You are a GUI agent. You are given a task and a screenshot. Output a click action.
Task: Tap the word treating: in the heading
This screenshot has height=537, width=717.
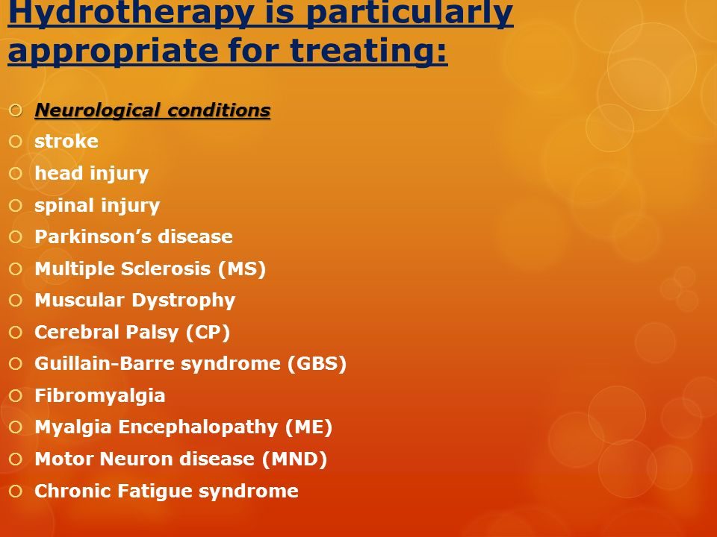pos(368,49)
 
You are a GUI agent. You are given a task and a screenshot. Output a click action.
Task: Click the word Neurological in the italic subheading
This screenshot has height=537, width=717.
pos(97,110)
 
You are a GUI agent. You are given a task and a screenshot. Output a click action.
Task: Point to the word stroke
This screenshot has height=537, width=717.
pos(66,141)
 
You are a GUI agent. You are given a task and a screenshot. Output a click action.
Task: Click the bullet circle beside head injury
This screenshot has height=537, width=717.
pos(16,174)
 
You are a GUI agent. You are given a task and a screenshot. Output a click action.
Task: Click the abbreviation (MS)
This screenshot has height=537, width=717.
pos(242,269)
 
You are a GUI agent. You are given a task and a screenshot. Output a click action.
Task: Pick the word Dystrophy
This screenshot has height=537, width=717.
pos(184,301)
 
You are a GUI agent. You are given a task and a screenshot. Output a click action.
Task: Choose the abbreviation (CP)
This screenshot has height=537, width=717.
pos(208,333)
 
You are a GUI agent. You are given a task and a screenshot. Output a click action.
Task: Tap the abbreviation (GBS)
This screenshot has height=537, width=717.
pos(317,364)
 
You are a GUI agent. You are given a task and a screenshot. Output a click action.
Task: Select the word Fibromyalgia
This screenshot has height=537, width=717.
pos(99,396)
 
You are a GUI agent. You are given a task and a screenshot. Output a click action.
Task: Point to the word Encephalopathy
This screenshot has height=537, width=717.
pos(198,428)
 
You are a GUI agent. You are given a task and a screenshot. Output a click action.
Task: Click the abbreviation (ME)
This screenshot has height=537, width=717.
pos(308,427)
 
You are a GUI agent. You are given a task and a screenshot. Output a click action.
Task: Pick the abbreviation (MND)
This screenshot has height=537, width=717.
pos(294,459)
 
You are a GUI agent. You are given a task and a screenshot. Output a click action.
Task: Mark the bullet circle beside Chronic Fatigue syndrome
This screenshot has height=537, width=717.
pos(16,492)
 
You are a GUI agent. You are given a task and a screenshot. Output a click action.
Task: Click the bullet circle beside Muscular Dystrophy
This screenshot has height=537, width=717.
pos(16,301)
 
